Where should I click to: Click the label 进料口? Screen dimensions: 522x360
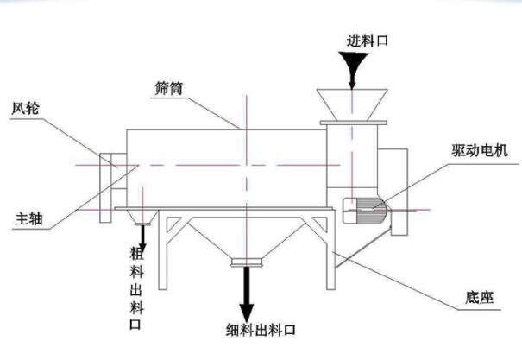click(x=368, y=41)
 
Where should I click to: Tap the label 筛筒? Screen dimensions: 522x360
click(x=169, y=88)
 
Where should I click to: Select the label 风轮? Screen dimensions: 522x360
click(x=25, y=109)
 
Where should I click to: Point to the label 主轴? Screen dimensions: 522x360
click(x=28, y=219)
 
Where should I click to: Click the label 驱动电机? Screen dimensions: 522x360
click(x=480, y=150)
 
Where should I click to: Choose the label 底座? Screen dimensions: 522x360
click(x=479, y=297)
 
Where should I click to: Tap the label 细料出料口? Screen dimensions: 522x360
click(x=261, y=330)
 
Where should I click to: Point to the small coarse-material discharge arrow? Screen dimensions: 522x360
click(x=143, y=237)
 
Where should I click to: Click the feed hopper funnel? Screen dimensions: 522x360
click(x=352, y=105)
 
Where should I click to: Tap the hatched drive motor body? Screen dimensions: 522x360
click(x=365, y=211)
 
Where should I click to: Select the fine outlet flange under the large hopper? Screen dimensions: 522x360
click(x=247, y=262)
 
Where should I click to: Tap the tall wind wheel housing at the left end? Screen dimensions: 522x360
click(x=105, y=188)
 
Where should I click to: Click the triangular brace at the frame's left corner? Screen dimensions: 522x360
click(x=173, y=224)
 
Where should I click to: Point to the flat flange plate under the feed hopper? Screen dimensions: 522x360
click(x=353, y=123)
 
